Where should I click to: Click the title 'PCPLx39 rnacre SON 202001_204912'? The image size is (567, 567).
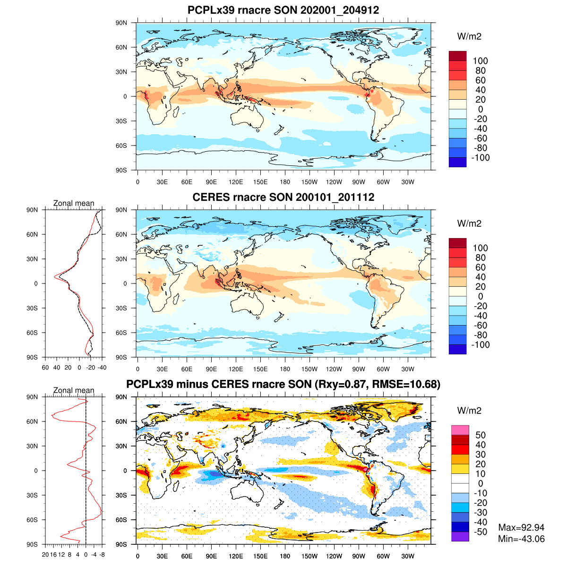coord(283,10)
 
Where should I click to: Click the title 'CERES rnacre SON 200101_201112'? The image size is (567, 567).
coord(283,197)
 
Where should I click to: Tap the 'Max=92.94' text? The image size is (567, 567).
coord(521,527)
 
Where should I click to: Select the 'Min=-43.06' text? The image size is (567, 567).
coord(521,539)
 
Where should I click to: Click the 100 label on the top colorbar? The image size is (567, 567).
coord(480,61)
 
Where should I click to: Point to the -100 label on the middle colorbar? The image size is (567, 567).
coord(481,344)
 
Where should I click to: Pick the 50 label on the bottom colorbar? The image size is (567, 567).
coord(480,435)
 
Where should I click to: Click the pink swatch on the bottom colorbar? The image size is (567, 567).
coord(460,430)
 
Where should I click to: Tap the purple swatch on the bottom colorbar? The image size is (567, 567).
coord(460,537)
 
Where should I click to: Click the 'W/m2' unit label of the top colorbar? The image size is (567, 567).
coord(469,36)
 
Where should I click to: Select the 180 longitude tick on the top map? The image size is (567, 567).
coord(285,182)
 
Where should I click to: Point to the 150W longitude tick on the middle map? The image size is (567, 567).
coord(309,369)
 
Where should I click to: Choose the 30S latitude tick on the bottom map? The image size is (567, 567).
coord(121,495)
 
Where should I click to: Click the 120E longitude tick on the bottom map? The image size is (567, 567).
coord(236,557)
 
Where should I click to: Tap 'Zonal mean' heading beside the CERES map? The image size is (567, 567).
coord(74,203)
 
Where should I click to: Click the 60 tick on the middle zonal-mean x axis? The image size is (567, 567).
coord(45,368)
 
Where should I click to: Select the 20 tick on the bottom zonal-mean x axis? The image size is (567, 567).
coord(45,555)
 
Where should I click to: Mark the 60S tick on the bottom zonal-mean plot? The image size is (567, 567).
coord(32,520)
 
